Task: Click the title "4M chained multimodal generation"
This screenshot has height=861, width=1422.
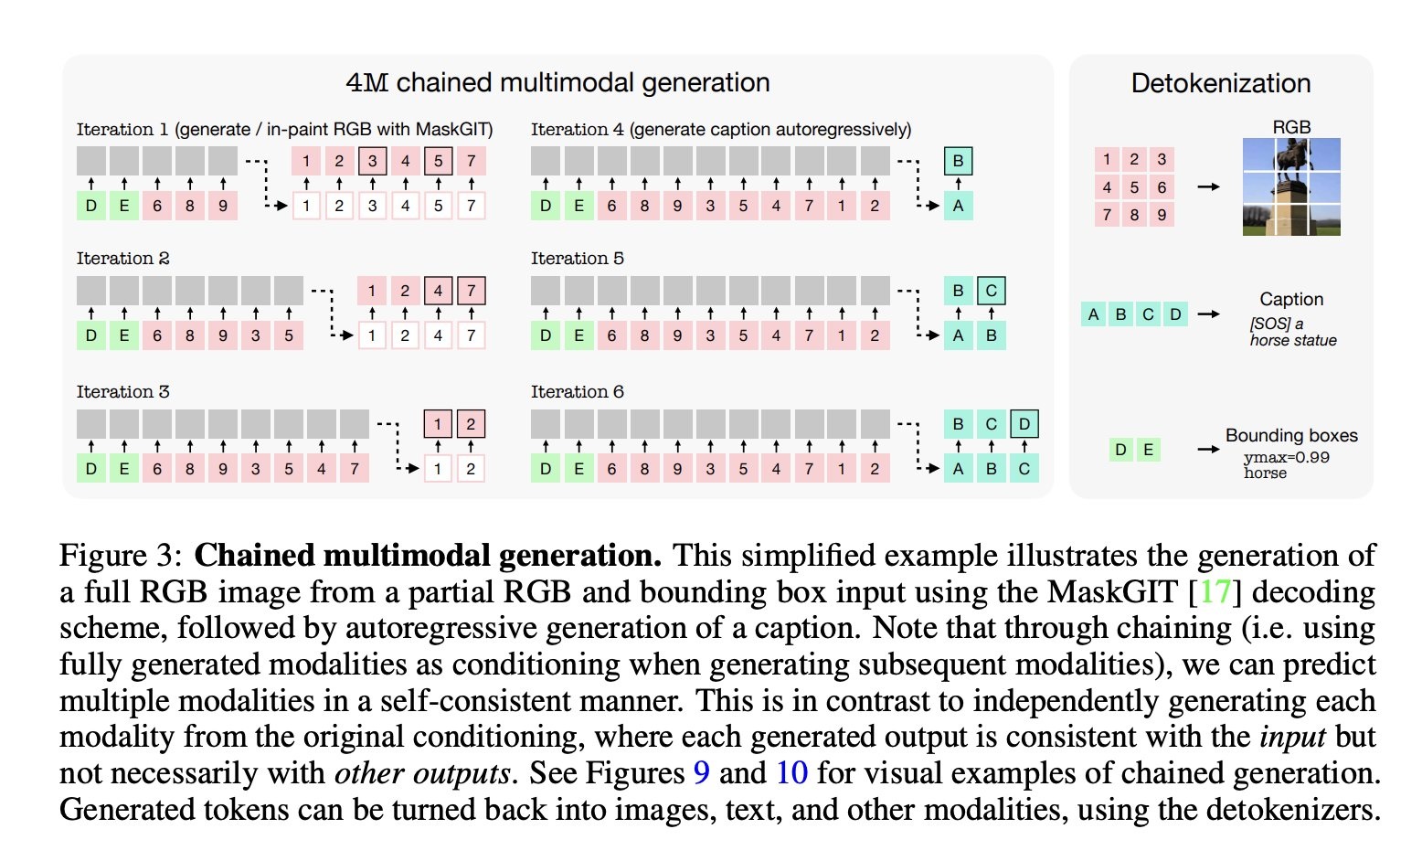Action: click(x=557, y=83)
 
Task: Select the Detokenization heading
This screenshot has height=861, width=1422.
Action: click(x=1220, y=84)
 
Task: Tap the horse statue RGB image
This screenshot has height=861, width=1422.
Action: click(x=1290, y=186)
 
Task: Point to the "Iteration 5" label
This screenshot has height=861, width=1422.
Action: click(x=577, y=259)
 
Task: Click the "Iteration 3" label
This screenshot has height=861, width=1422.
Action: click(x=122, y=392)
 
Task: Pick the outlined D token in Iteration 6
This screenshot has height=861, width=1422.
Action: click(x=1024, y=424)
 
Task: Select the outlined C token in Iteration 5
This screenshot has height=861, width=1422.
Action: click(x=991, y=292)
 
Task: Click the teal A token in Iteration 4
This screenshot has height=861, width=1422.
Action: click(x=958, y=206)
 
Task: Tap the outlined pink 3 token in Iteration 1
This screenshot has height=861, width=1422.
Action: click(x=372, y=162)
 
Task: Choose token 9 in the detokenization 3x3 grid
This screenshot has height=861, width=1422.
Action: click(x=1162, y=215)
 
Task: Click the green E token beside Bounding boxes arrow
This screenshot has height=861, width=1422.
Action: click(x=1148, y=450)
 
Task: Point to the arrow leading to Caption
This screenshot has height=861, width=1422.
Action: click(x=1208, y=314)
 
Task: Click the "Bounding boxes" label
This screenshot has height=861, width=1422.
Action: click(x=1290, y=436)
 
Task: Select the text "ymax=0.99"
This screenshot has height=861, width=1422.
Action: click(x=1286, y=457)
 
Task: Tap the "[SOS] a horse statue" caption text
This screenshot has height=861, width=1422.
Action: click(x=1292, y=332)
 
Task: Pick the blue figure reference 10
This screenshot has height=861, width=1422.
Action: click(x=791, y=773)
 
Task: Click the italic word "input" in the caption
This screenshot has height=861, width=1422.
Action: click(x=1292, y=738)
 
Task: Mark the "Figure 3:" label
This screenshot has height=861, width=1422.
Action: click(x=122, y=556)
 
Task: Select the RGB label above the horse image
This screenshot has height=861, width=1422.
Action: click(x=1290, y=127)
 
